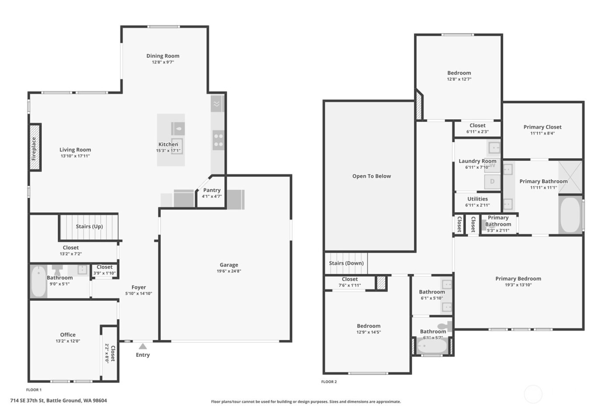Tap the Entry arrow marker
pyautogui.click(x=143, y=346)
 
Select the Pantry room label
pyautogui.click(x=212, y=190)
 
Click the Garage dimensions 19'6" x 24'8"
pyautogui.click(x=229, y=271)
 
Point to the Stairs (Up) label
pyautogui.click(x=89, y=227)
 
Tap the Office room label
pyautogui.click(x=68, y=335)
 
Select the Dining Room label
pyautogui.click(x=163, y=56)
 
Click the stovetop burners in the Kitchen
pyautogui.click(x=218, y=140)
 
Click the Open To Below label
pyautogui.click(x=372, y=176)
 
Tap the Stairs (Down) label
pyautogui.click(x=346, y=263)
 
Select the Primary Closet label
pyautogui.click(x=542, y=127)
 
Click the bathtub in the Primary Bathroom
pyautogui.click(x=570, y=215)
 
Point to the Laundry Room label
pyautogui.click(x=477, y=161)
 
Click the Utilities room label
pyautogui.click(x=477, y=199)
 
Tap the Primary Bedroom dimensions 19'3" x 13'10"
pyautogui.click(x=518, y=285)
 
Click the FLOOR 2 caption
pyautogui.click(x=329, y=382)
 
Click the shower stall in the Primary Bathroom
pyautogui.click(x=570, y=177)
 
